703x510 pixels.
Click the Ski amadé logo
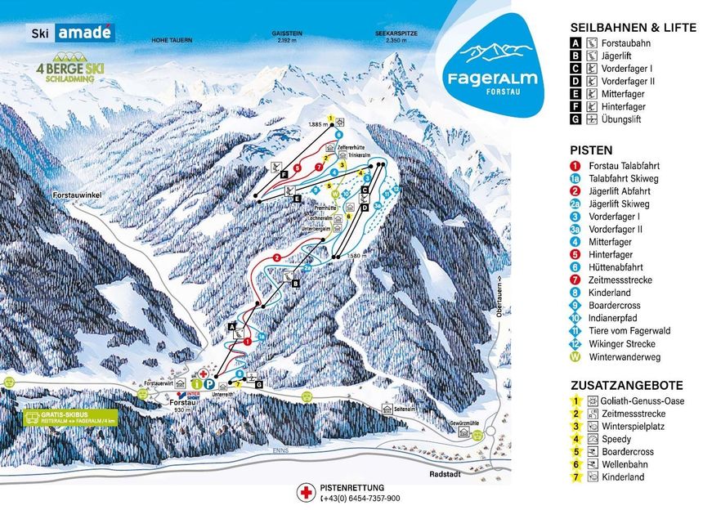(72, 34)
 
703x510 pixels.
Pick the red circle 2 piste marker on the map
(277, 257)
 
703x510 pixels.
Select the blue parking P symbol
(209, 383)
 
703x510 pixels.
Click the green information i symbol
(196, 383)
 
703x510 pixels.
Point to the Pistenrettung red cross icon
(307, 492)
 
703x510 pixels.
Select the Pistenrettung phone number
(360, 498)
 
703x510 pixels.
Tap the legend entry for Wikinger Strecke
(627, 343)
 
